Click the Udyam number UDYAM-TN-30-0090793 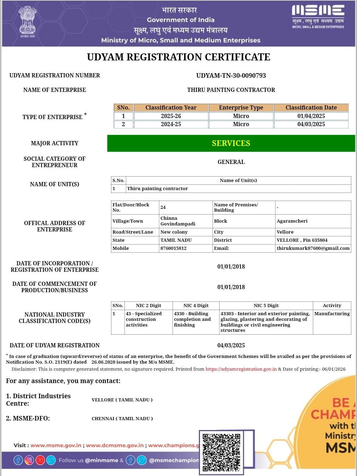point(231,75)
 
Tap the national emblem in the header point(27,22)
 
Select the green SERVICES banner point(231,143)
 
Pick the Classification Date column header point(311,107)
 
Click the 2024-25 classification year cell point(171,124)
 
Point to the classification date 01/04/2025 point(311,116)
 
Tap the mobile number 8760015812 point(173,248)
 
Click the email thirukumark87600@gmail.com point(313,248)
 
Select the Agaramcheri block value point(292,221)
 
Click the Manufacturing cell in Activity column point(332,313)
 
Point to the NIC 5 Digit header point(266,305)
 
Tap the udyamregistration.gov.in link point(241,369)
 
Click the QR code point(222,452)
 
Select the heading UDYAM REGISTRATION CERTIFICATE point(178,57)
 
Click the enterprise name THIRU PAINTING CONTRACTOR point(231,90)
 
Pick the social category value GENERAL point(231,162)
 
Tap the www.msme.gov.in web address point(56,445)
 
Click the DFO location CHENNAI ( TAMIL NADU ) point(122,418)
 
